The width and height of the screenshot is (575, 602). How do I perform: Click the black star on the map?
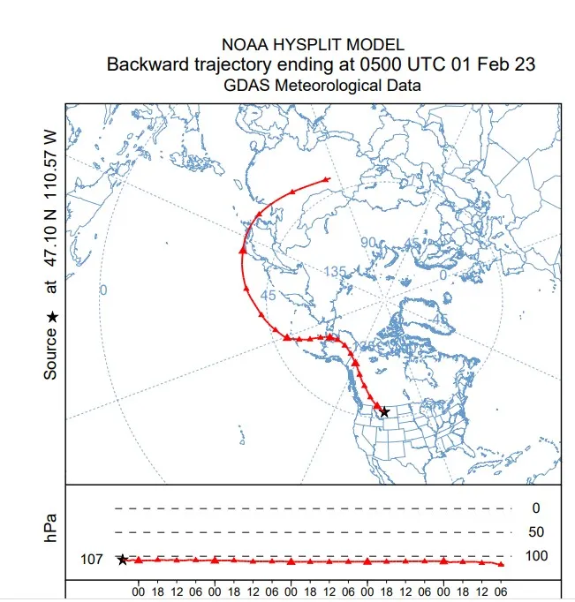pyautogui.click(x=384, y=412)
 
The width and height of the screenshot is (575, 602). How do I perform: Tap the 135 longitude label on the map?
pyautogui.click(x=335, y=272)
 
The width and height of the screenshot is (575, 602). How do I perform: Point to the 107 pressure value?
pyautogui.click(x=92, y=559)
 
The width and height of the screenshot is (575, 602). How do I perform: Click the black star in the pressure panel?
pyautogui.click(x=122, y=560)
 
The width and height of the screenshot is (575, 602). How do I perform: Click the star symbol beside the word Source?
pyautogui.click(x=51, y=316)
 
